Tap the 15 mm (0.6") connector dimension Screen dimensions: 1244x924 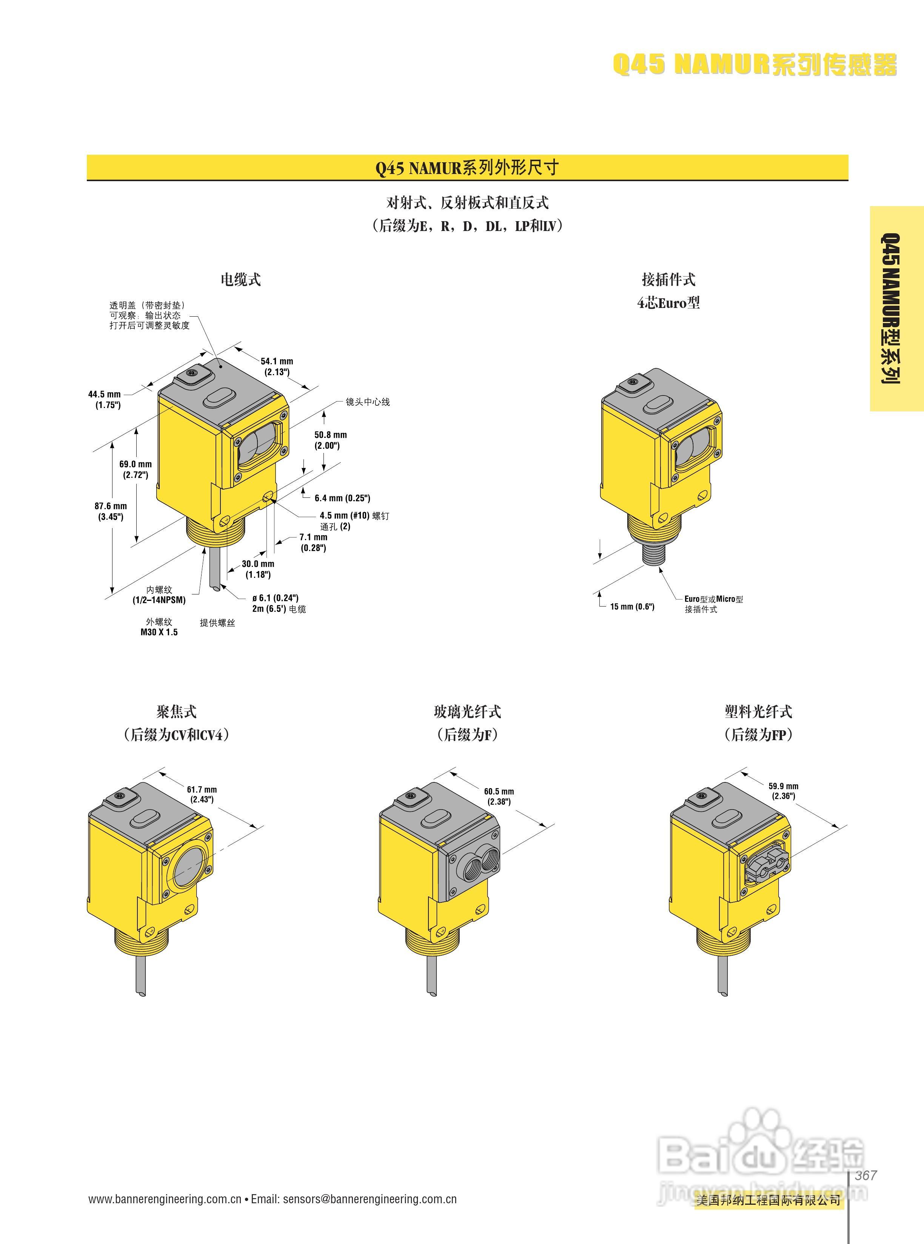632,607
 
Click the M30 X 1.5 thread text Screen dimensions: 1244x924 159,632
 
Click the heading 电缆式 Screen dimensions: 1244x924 240,279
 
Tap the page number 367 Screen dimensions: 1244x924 865,1175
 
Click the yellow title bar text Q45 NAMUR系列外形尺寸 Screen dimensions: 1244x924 467,167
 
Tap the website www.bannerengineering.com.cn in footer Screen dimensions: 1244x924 165,1199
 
